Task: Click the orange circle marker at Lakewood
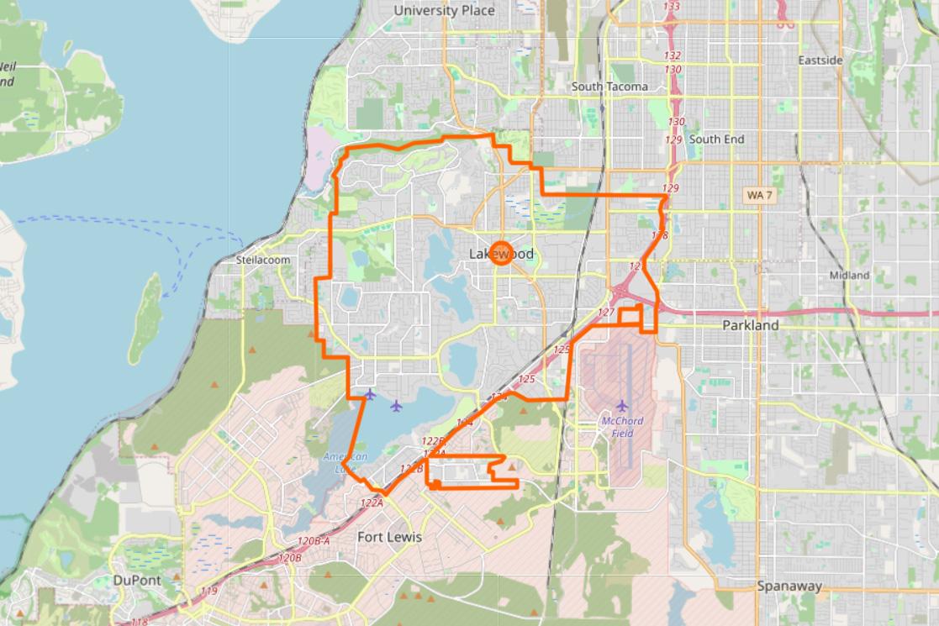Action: [501, 253]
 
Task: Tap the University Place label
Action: [444, 11]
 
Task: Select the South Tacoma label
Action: [609, 87]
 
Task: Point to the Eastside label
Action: [820, 60]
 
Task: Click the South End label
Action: [716, 139]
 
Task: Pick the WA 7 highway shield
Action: [759, 195]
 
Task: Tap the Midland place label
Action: [849, 275]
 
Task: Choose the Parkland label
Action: [751, 325]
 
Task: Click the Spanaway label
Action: [789, 587]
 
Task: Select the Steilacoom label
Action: [263, 260]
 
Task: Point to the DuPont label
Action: [136, 580]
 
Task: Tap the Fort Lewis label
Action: [389, 537]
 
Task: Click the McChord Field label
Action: [622, 427]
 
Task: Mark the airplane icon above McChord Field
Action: [622, 407]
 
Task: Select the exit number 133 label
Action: [672, 7]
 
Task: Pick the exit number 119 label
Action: [208, 592]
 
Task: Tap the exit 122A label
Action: [372, 502]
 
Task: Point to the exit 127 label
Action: [606, 312]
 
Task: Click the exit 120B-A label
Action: [314, 541]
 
